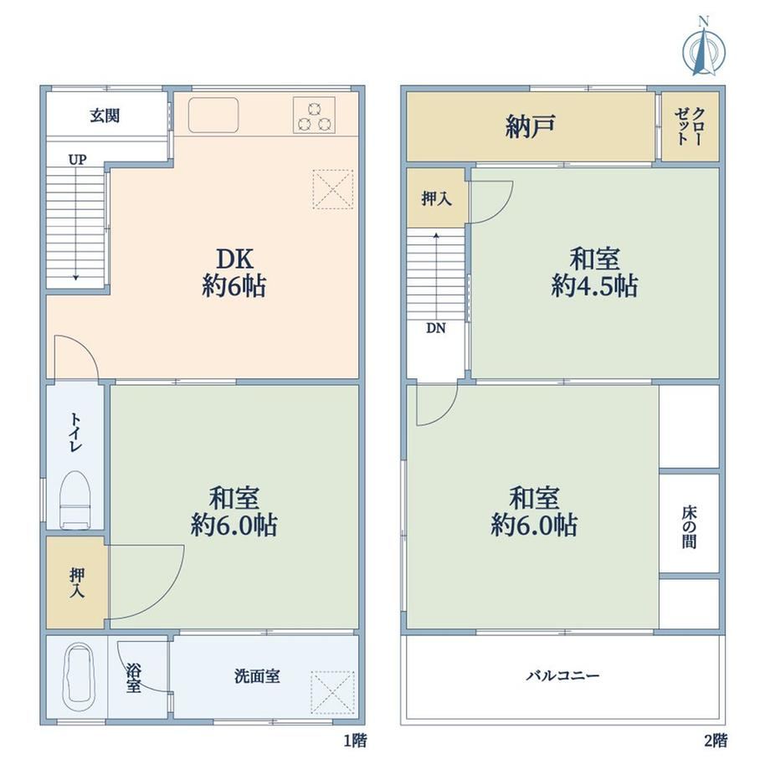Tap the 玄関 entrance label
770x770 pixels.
point(105,116)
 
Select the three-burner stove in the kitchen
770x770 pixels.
point(315,116)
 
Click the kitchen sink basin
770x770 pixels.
point(213,115)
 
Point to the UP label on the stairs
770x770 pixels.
point(77,160)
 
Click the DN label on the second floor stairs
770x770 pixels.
point(435,328)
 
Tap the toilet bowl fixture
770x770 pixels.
point(74,500)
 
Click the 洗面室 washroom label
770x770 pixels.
point(257,676)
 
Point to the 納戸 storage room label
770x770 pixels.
point(530,126)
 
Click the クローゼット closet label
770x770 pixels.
point(690,126)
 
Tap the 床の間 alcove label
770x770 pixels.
point(689,527)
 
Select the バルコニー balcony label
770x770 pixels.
point(562,675)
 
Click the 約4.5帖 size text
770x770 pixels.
point(594,285)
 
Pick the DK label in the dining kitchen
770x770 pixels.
point(234,259)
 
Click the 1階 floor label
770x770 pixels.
point(355,740)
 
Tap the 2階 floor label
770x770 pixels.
point(716,740)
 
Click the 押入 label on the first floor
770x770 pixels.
point(77,583)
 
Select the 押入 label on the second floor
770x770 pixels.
point(437,199)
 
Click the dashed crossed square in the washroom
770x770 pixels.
point(333,692)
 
